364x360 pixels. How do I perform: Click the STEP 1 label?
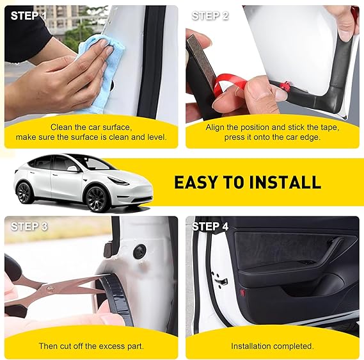click(x=29, y=16)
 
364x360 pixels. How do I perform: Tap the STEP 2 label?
click(x=210, y=16)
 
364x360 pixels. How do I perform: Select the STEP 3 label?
click(x=29, y=226)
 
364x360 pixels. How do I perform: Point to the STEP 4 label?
click(x=210, y=226)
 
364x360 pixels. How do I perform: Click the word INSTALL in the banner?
click(x=285, y=182)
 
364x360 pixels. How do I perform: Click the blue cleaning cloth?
click(x=100, y=74)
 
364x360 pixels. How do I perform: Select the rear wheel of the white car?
click(x=24, y=193)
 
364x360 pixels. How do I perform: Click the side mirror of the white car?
click(x=73, y=168)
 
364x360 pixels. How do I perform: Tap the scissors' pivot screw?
click(x=49, y=289)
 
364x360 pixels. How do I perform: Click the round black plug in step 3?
click(x=139, y=251)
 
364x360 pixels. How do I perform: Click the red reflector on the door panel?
click(x=243, y=292)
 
